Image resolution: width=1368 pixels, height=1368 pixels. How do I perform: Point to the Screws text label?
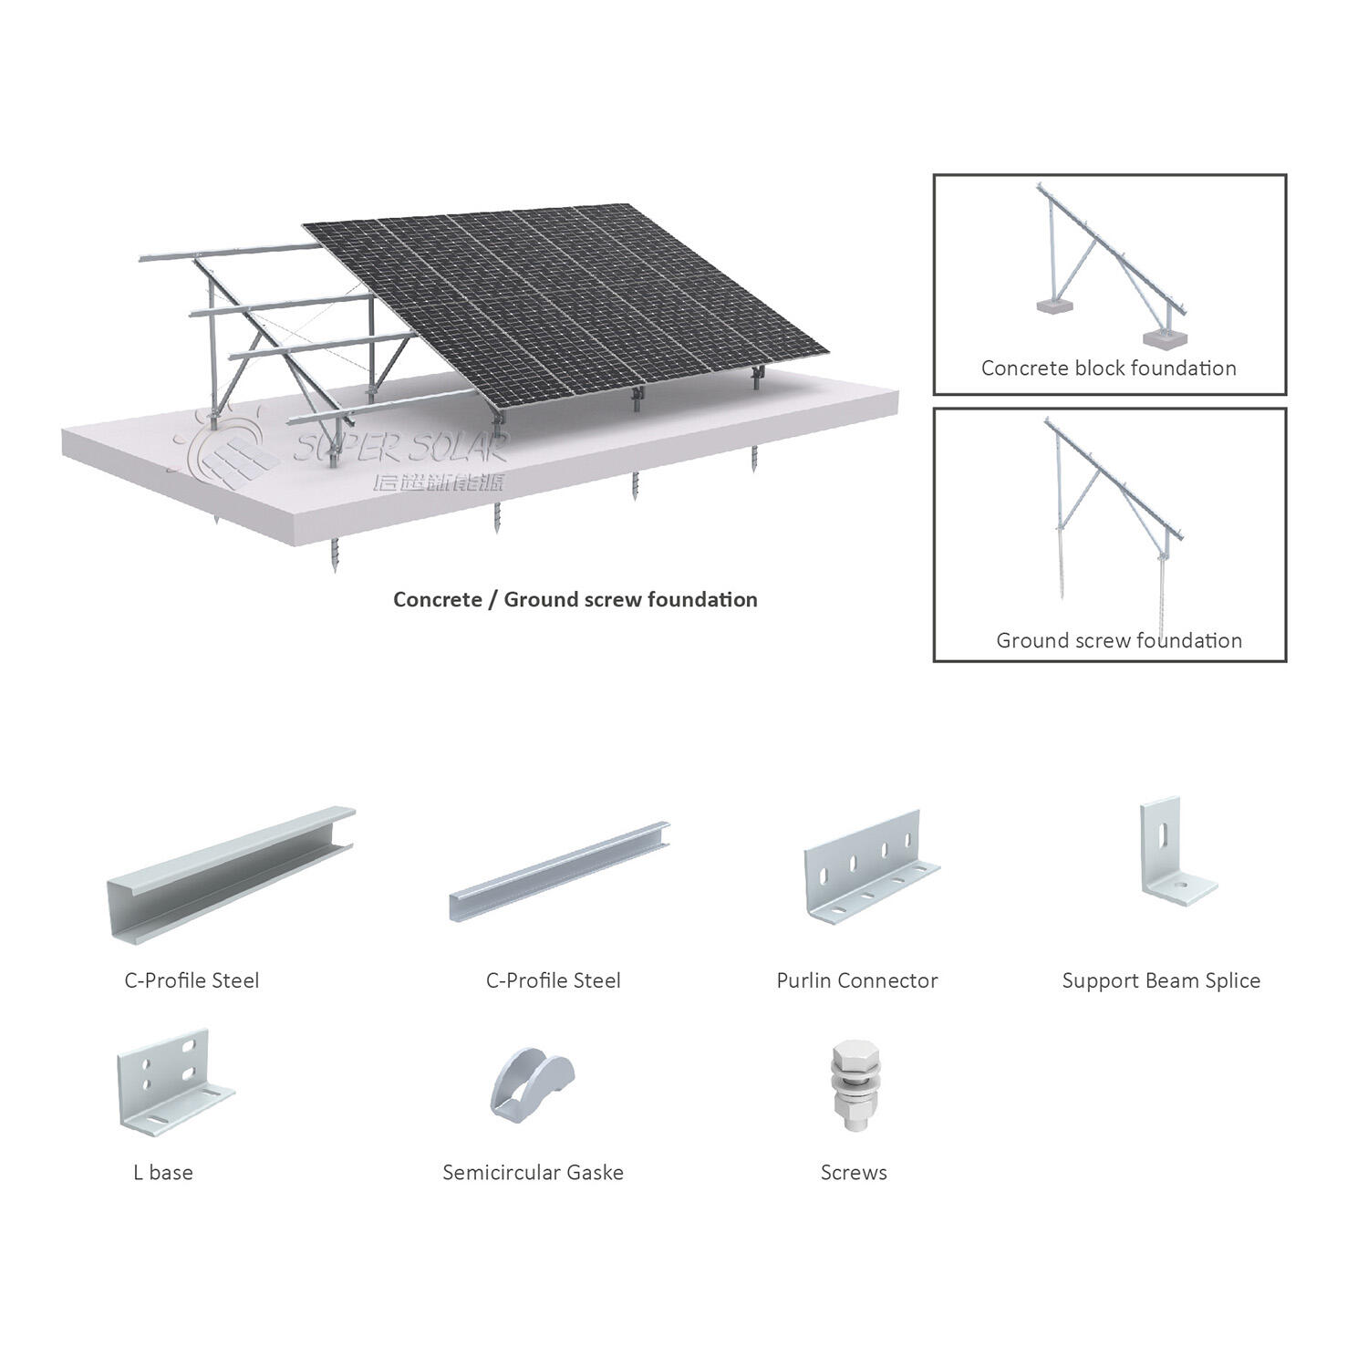coord(854,1173)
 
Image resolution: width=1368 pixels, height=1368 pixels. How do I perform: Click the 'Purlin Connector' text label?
coord(856,981)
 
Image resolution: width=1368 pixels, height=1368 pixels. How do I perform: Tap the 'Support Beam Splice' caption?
coord(1161,981)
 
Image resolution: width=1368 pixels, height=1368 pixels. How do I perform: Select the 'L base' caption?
coord(163,1173)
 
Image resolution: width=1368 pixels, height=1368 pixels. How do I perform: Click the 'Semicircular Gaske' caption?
coord(533,1173)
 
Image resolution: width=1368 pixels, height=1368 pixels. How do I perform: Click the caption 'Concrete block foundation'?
coord(1108,368)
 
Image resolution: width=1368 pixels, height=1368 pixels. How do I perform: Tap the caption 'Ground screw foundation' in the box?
coord(1119,640)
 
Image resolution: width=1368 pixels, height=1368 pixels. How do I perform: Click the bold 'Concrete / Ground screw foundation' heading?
coord(575,600)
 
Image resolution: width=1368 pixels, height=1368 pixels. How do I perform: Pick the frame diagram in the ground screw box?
coord(1108,511)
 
